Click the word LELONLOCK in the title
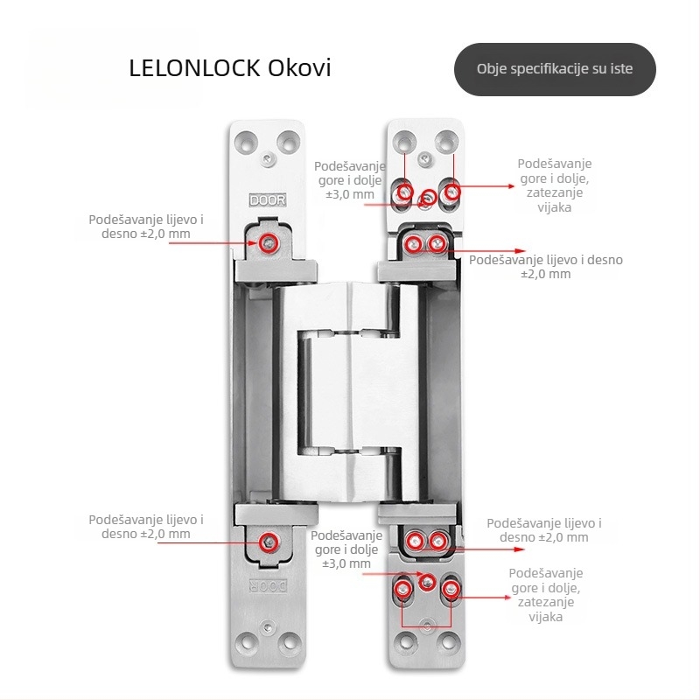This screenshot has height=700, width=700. pos(194,68)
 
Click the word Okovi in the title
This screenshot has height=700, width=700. pos(299,68)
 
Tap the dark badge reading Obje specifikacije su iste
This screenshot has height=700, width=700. pos(555,69)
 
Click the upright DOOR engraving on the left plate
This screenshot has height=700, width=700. pos(268,200)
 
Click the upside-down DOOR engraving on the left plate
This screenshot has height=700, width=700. pos(268,586)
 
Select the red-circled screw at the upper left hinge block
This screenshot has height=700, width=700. pos(269,243)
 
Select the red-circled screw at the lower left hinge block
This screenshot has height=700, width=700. pos(269,542)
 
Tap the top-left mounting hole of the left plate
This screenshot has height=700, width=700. pos(246,142)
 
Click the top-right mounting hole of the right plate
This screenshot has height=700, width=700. pos(446,142)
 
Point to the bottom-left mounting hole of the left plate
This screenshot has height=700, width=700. pos(246,643)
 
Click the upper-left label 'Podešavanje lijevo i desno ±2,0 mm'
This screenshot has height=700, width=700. pos(146,227)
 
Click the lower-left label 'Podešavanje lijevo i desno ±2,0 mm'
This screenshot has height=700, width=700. pos(146,527)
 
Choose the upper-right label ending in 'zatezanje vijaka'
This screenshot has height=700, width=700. pos(555,185)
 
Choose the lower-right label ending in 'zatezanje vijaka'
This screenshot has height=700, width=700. pos(545,595)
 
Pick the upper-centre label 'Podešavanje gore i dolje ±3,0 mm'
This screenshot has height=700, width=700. pos(349,180)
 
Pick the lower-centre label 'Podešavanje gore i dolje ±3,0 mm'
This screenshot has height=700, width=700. pos(346,549)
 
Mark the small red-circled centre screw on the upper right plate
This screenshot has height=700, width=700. pos(429,197)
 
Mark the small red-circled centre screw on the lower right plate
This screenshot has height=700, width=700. pos(427,582)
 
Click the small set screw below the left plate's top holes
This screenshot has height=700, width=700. pos(268,158)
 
